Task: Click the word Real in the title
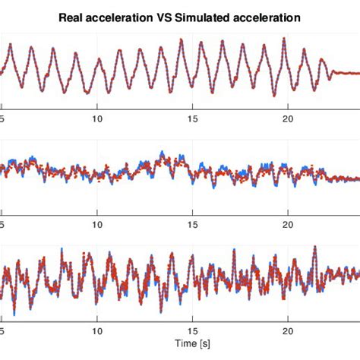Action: coord(72,16)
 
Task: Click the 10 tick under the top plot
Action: coord(97,118)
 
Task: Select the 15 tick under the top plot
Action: coord(193,118)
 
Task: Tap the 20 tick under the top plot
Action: coord(289,118)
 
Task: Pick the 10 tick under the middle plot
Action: coord(97,225)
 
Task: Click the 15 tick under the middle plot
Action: coord(193,225)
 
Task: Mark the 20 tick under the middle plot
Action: coord(289,225)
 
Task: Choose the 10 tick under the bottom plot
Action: coord(97,331)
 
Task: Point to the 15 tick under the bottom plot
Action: coord(193,331)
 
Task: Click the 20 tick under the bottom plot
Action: coord(289,331)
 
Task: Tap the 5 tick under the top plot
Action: coord(3,118)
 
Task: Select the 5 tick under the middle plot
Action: coord(3,225)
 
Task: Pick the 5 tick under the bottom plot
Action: coord(3,331)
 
